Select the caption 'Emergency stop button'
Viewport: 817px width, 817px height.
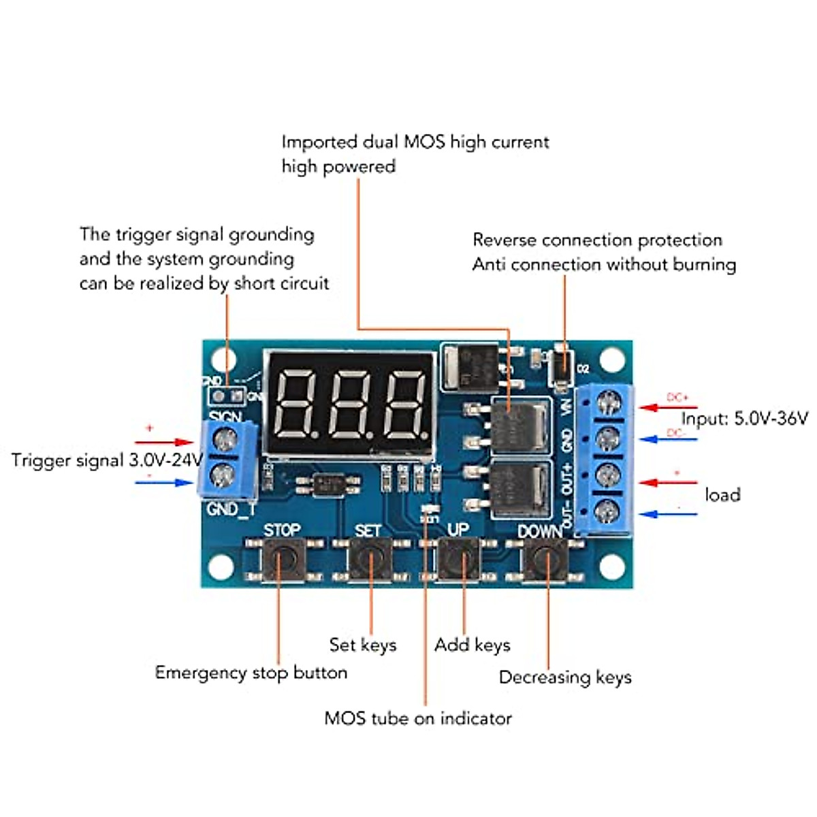click(x=251, y=673)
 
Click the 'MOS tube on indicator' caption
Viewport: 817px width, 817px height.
click(x=417, y=718)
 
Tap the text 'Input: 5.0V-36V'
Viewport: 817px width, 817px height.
click(x=744, y=418)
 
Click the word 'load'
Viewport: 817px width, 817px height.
click(x=722, y=494)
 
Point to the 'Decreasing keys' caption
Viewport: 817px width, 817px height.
click(x=565, y=677)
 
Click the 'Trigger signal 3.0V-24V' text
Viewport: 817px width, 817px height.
click(x=107, y=460)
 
